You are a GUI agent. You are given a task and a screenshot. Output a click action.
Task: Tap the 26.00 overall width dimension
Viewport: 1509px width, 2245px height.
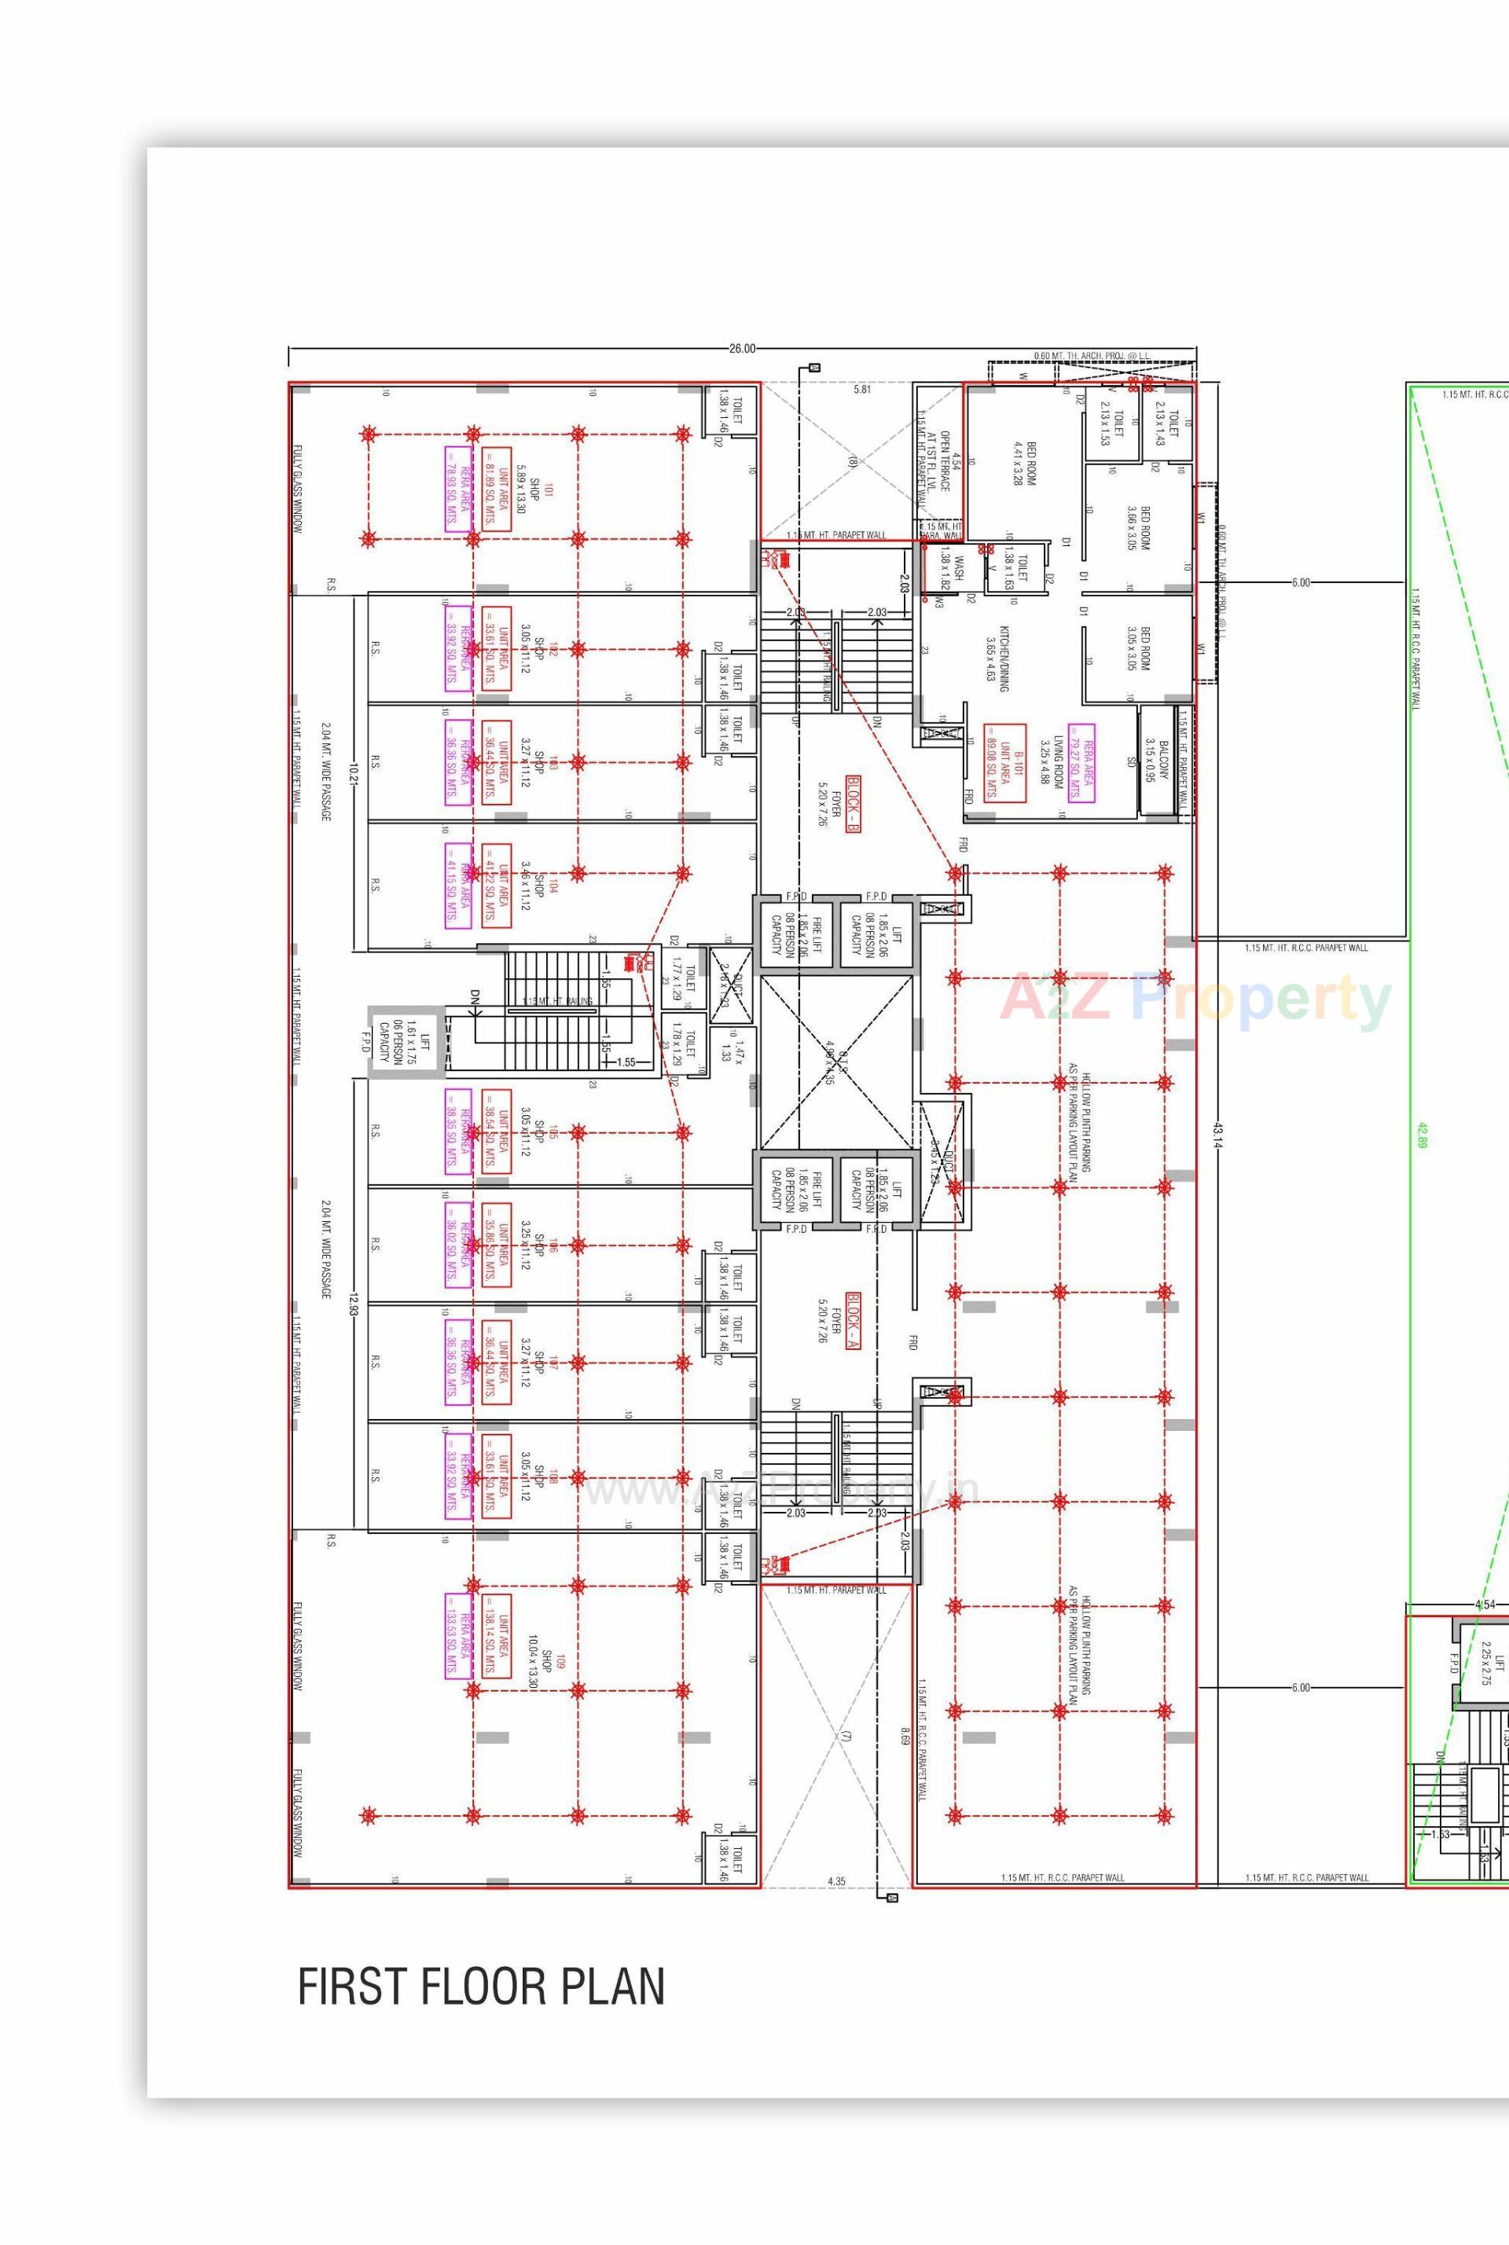coord(742,348)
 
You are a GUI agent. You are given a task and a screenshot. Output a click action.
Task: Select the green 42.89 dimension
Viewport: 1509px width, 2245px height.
coord(1422,1135)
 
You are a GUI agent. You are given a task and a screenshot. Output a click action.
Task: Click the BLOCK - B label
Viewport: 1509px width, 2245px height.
coord(853,804)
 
